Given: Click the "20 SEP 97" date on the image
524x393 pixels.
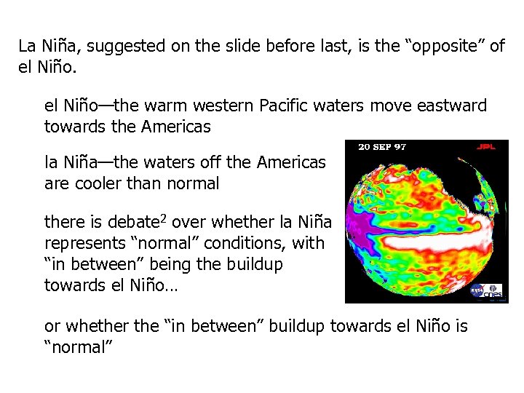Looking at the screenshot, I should pos(383,147).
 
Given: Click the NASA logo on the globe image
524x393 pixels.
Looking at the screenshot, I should pos(477,291).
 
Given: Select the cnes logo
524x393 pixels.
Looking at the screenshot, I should pos(494,290).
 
